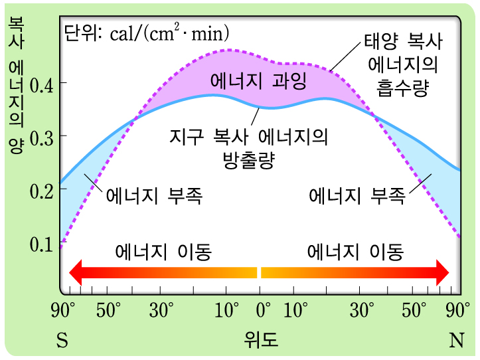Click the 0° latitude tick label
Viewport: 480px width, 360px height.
tap(264, 310)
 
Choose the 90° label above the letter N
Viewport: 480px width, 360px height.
tap(458, 310)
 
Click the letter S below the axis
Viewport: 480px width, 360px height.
tap(62, 341)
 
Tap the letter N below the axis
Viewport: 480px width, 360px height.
tap(457, 341)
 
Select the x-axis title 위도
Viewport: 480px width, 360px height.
tap(260, 341)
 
